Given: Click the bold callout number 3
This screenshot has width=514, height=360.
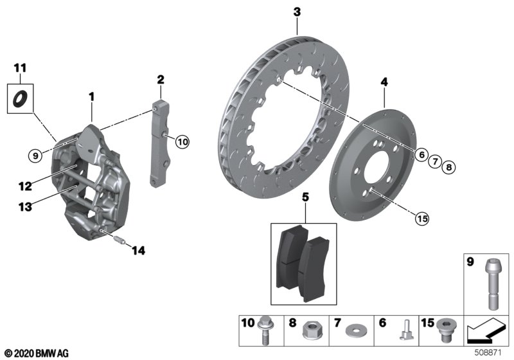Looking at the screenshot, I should [297, 12].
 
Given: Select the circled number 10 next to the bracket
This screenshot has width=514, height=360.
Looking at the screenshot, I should [182, 142].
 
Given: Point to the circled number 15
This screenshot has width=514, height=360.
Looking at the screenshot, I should [421, 219].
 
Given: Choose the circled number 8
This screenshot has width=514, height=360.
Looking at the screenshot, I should [449, 167].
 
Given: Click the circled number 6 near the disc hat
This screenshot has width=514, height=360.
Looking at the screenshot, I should [421, 154].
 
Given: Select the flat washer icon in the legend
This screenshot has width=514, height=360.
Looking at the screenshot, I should [353, 332].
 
